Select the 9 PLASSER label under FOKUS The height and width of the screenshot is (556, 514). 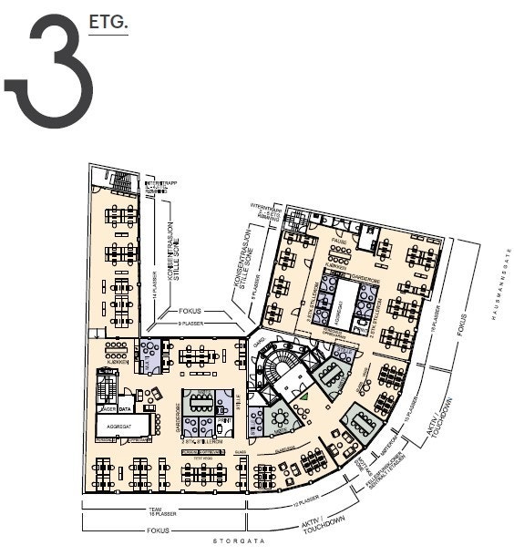click(x=190, y=324)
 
